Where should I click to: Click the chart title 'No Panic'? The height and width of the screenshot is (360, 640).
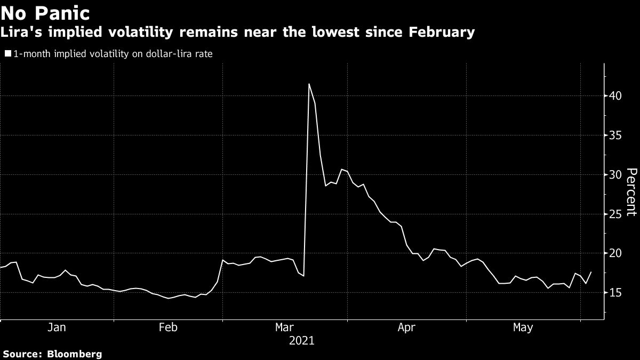[x=45, y=12]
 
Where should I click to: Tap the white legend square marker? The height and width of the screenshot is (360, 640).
[x=7, y=54]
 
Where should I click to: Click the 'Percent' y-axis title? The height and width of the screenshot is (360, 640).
[x=631, y=192]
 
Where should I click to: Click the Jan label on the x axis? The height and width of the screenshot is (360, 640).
[x=57, y=328]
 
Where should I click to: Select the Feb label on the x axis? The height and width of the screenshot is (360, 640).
[x=169, y=328]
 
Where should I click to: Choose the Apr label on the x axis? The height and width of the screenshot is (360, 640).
[x=407, y=328]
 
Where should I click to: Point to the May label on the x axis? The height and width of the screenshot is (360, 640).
[x=523, y=328]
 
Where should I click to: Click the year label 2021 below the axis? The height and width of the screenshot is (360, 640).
[x=302, y=340]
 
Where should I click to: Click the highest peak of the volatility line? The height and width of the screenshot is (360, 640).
[x=309, y=84]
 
